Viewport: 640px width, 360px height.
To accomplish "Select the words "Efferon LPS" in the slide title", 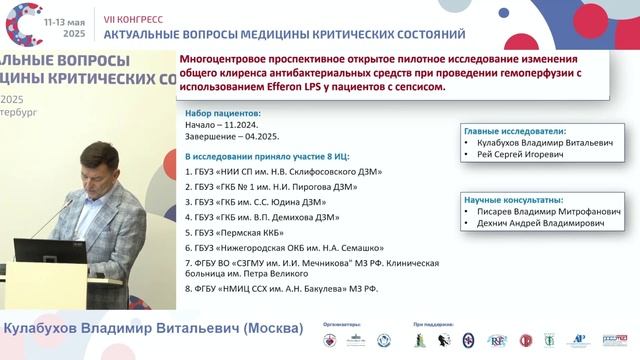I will click(x=284, y=87).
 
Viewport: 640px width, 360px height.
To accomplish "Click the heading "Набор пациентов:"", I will click(x=223, y=115).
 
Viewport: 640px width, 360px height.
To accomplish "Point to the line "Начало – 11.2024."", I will click(x=216, y=127).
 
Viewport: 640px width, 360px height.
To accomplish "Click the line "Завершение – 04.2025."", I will click(x=229, y=139).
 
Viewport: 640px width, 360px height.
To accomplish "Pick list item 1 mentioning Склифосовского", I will click(x=283, y=172).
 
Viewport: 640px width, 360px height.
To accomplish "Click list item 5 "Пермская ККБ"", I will click(x=229, y=231).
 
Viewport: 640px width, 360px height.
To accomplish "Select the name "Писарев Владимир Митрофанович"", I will click(x=541, y=213).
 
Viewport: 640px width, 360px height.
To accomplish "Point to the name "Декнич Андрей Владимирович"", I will click(x=539, y=225).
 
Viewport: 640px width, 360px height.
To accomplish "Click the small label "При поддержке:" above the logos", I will click(x=433, y=324).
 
